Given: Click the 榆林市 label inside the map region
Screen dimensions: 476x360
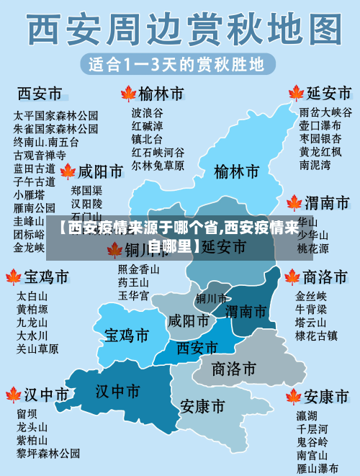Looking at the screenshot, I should pos(237,172).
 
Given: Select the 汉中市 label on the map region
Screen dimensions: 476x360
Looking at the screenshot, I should pos(118,391).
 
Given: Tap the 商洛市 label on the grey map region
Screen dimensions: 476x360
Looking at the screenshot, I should pos(234,369).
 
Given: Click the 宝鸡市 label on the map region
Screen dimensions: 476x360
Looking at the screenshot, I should pos(127,336).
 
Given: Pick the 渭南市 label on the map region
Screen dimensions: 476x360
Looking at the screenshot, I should pos(246,312).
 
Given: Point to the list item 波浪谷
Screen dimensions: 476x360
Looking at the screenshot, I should pos(147,113).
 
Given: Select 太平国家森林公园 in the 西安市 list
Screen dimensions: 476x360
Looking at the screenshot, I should pos(55,115).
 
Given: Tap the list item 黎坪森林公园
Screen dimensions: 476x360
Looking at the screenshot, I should pos(48,454).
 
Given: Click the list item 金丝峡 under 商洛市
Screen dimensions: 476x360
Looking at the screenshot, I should pos(311,296).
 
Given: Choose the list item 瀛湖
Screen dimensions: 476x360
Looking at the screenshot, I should pos(307,416).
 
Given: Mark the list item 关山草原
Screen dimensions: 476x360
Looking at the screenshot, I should pos(37,349).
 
